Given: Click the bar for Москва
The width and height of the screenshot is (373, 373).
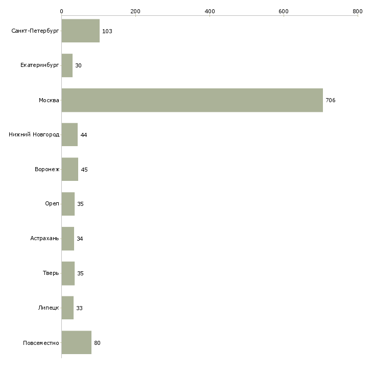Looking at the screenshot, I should click(192, 100).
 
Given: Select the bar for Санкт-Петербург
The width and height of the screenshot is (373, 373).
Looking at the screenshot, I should click(80, 31).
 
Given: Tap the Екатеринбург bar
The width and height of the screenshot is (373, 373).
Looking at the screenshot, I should click(67, 65).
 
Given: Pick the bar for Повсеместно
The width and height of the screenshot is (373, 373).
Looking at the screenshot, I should click(76, 342).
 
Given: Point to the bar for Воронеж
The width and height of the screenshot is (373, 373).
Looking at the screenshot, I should click(69, 169).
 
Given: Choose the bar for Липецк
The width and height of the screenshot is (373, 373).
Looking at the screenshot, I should click(67, 308).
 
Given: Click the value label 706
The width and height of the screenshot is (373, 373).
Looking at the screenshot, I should click(330, 100).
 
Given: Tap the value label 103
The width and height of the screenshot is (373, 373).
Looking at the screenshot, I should click(107, 31).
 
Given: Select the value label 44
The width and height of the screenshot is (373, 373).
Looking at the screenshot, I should click(84, 135).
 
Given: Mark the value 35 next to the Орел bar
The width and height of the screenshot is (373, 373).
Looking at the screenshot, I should click(80, 204).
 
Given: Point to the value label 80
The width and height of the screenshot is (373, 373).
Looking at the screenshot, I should click(97, 342).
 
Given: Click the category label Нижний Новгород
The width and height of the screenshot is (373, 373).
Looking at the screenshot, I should click(34, 135).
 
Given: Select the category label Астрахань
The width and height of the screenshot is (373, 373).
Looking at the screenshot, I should click(44, 239).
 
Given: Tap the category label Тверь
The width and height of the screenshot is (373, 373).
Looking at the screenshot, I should click(51, 273).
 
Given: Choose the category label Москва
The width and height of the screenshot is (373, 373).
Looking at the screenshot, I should click(49, 100).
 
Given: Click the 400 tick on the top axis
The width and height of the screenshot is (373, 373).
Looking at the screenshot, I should click(209, 11).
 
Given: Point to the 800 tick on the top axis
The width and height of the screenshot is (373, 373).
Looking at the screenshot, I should click(358, 11).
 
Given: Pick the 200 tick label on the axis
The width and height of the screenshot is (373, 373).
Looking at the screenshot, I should click(135, 11).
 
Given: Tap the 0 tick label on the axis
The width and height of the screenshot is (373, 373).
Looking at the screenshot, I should click(61, 11).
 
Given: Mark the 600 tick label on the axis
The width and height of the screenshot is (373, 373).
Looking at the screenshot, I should click(284, 11).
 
